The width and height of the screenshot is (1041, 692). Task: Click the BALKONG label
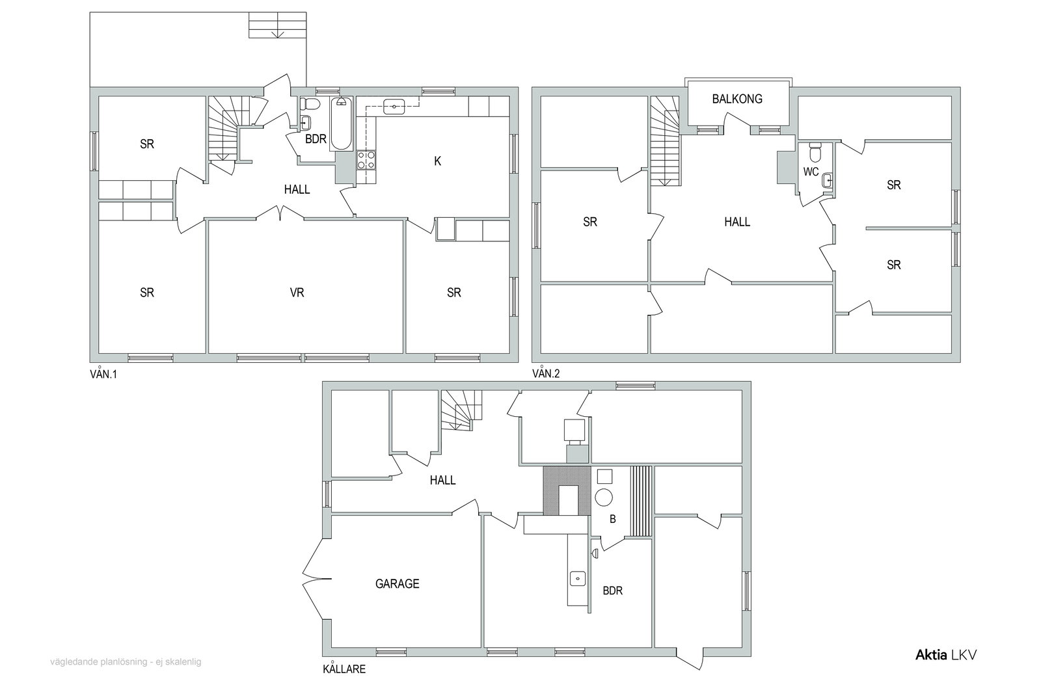tap(737, 99)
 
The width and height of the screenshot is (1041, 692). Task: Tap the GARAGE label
tap(398, 584)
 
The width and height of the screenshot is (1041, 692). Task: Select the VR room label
tap(297, 293)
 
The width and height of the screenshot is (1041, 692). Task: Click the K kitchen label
tap(437, 161)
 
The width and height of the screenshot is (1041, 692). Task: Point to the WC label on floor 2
tap(811, 172)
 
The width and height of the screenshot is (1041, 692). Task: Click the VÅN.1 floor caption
tap(103, 374)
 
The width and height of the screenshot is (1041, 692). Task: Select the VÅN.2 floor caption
tap(546, 373)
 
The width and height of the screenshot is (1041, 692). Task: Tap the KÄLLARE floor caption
tap(344, 669)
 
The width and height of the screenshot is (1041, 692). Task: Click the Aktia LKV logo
tap(946, 655)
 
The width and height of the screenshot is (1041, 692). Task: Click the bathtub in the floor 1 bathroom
tap(342, 124)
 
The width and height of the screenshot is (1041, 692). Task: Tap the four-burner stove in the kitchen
tap(366, 160)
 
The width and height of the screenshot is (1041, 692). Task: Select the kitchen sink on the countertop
tap(394, 107)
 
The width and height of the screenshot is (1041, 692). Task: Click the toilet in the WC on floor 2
tap(816, 152)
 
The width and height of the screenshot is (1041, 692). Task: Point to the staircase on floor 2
tap(665, 140)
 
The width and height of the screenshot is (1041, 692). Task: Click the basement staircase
tap(461, 410)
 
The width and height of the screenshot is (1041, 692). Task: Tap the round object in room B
tap(604, 498)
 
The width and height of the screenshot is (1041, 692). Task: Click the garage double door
tap(317, 579)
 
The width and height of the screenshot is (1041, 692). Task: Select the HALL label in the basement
tap(442, 480)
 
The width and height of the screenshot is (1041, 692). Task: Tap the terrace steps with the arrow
tap(277, 25)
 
